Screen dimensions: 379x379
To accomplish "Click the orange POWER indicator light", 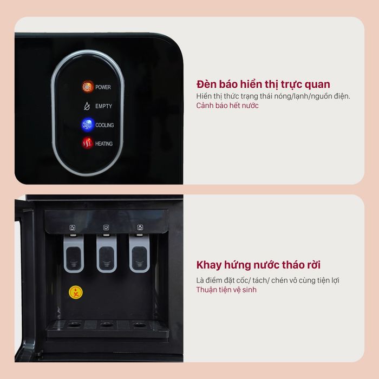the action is point(88,87).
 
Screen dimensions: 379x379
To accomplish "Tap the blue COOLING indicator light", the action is point(88,125).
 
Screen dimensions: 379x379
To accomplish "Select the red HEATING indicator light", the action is point(87,143).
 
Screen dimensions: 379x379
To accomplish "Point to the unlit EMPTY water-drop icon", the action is point(87,106).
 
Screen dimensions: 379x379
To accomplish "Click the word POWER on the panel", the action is point(103,87).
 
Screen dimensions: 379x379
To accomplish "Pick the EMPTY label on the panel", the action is point(104,106).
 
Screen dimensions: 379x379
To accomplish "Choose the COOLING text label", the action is point(104,125).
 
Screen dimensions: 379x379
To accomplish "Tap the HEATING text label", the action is point(104,143).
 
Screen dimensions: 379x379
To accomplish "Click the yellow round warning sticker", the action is point(76,292).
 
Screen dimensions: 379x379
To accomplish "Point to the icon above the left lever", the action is point(73,227).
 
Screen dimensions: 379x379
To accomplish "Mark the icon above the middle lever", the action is point(106,227).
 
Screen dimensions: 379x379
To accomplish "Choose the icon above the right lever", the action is point(140,227).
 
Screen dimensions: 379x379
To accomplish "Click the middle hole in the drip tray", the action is point(107,324).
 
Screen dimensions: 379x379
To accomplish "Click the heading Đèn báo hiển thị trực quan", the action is point(263,84).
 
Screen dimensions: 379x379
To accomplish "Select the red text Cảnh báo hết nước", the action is point(227,106).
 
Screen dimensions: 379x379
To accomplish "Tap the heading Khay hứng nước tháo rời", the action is point(258,265).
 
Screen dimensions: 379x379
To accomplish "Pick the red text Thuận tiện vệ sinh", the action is point(226,290).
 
